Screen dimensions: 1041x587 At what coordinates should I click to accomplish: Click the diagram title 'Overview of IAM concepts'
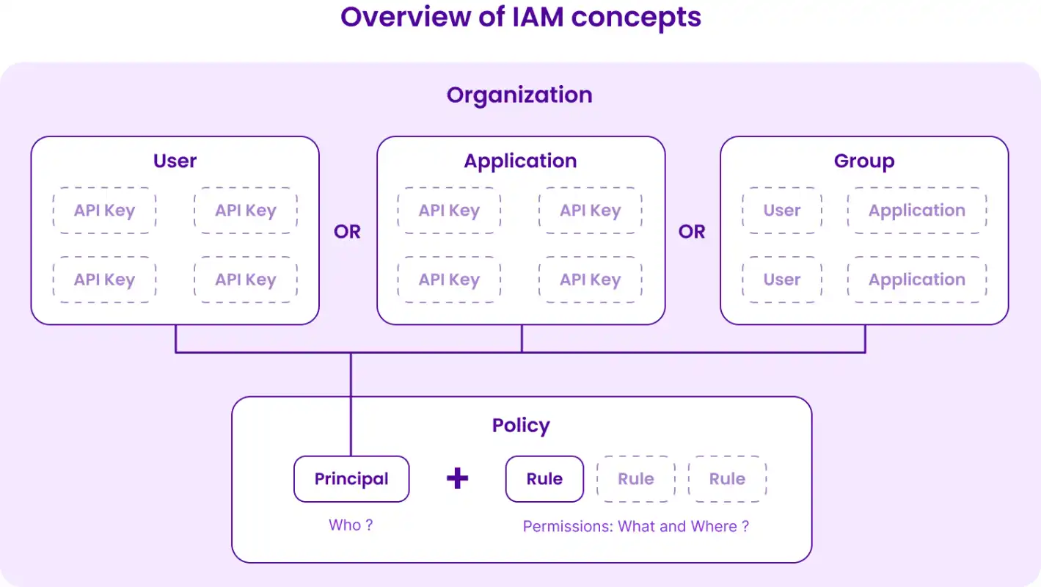[x=521, y=18]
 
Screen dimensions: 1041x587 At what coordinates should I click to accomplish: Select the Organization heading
[x=519, y=95]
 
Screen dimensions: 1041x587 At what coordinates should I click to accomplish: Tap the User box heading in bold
[x=175, y=161]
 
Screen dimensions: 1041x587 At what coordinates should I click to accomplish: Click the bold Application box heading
[x=521, y=161]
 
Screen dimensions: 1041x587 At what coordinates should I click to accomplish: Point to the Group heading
[x=864, y=161]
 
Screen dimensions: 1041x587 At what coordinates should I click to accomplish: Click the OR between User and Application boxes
[x=347, y=231]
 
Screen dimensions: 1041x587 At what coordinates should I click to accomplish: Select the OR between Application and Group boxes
[x=692, y=231]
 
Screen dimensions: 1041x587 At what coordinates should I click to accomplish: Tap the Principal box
[x=351, y=478]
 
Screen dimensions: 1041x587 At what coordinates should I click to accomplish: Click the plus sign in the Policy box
[x=457, y=478]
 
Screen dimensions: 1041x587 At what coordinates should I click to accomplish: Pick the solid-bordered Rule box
[x=544, y=478]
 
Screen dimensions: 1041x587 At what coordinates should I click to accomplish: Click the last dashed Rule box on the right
[x=727, y=478]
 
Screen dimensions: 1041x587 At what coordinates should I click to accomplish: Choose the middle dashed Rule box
[x=636, y=478]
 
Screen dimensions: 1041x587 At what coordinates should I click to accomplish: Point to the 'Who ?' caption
[x=351, y=525]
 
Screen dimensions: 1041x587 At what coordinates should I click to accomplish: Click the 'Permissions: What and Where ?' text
[x=636, y=527]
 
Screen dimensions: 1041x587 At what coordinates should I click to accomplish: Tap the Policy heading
[x=521, y=426]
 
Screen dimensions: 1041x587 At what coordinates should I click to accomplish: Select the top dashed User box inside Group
[x=782, y=211]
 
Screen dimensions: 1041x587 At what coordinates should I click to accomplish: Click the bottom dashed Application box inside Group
[x=917, y=280]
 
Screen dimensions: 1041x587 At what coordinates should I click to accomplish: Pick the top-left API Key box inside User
[x=105, y=211]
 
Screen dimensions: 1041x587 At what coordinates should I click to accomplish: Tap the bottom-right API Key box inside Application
[x=591, y=280]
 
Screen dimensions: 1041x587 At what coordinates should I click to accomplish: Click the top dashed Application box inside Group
[x=917, y=211]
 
